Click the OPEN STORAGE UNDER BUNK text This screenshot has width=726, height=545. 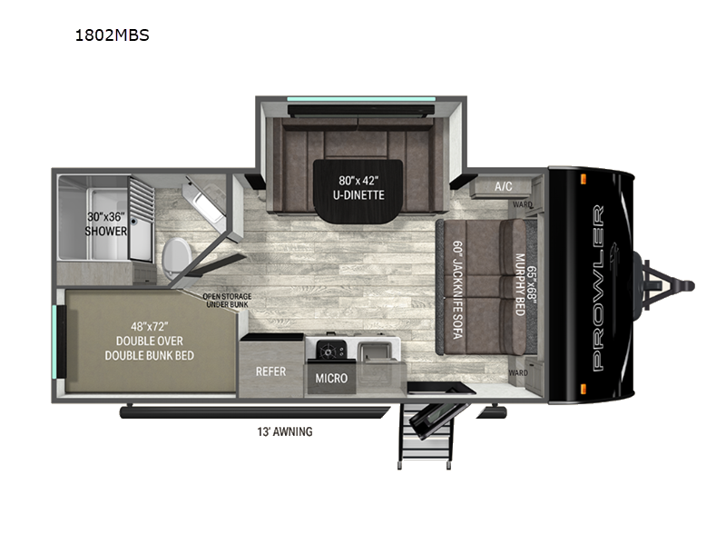(x=227, y=300)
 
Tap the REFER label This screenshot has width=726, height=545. (x=270, y=371)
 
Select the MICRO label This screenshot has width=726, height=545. (x=330, y=377)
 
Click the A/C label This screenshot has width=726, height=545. (x=504, y=186)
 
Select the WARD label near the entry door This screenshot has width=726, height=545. (x=518, y=372)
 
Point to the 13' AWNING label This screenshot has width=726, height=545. (x=285, y=431)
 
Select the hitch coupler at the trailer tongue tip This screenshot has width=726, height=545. (x=686, y=285)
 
